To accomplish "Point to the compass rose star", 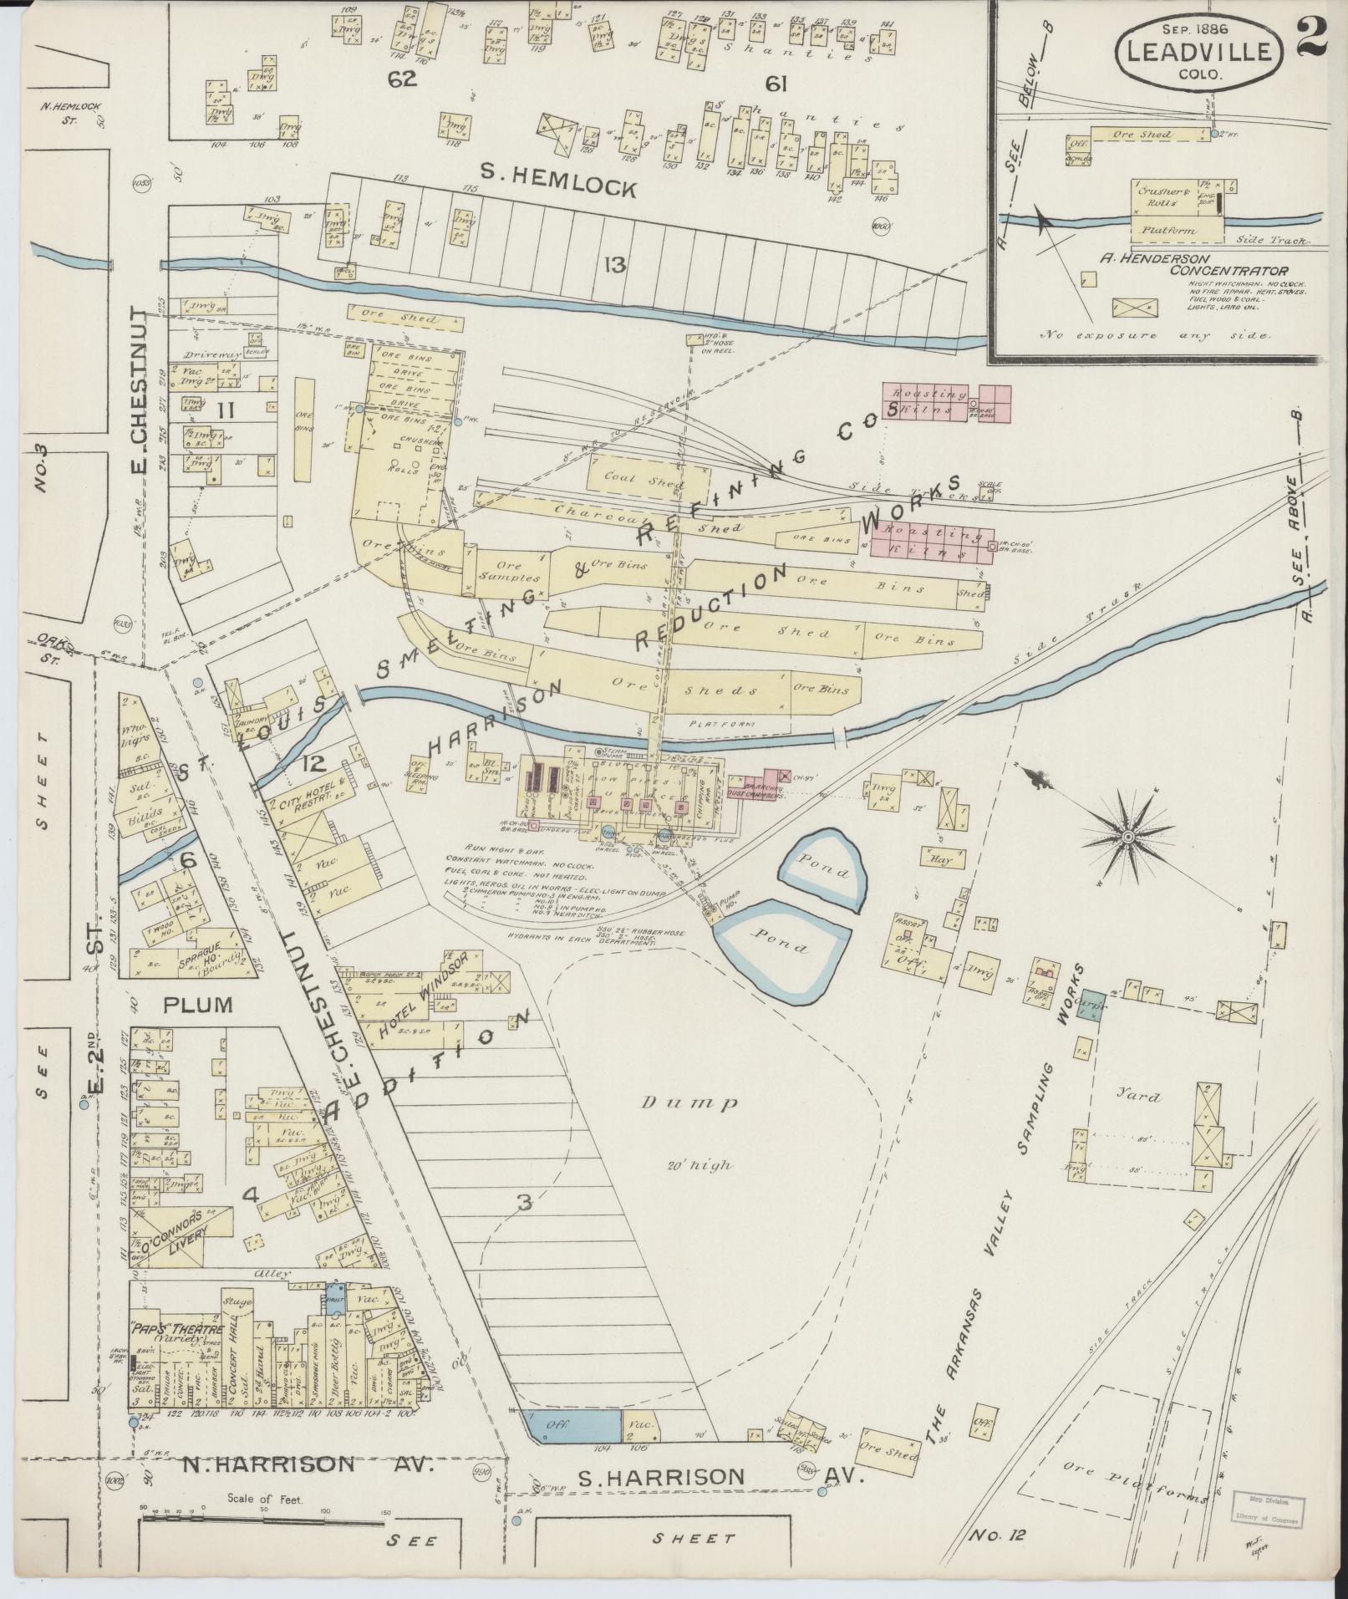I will (1126, 837).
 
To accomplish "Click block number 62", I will (401, 80).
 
